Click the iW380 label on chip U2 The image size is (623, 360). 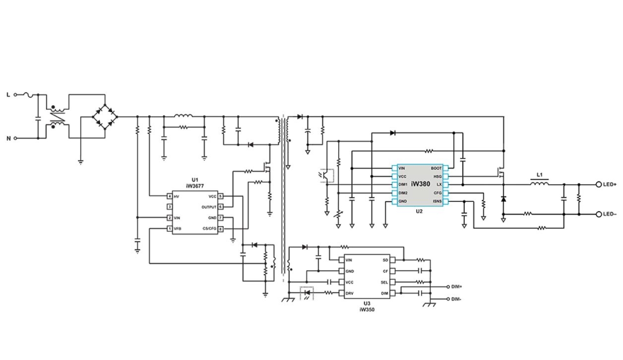(x=421, y=184)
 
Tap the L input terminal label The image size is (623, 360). (x=8, y=94)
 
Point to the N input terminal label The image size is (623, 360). (x=8, y=138)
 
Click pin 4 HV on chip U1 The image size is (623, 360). (x=170, y=197)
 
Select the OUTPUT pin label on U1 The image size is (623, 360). (x=209, y=207)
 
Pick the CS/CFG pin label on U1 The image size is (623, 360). (x=209, y=229)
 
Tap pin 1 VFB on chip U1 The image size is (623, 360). (x=170, y=229)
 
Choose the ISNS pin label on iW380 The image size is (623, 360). (x=437, y=201)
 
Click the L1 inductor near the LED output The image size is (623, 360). (x=540, y=183)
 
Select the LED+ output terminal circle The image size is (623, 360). (x=598, y=184)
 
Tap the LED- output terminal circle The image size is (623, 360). (x=598, y=214)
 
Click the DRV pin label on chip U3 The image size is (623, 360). (x=349, y=293)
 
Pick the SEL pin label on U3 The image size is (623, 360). (x=384, y=282)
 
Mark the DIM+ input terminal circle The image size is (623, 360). (x=448, y=287)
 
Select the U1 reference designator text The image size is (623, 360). (x=194, y=179)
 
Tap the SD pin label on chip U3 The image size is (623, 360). (x=385, y=260)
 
